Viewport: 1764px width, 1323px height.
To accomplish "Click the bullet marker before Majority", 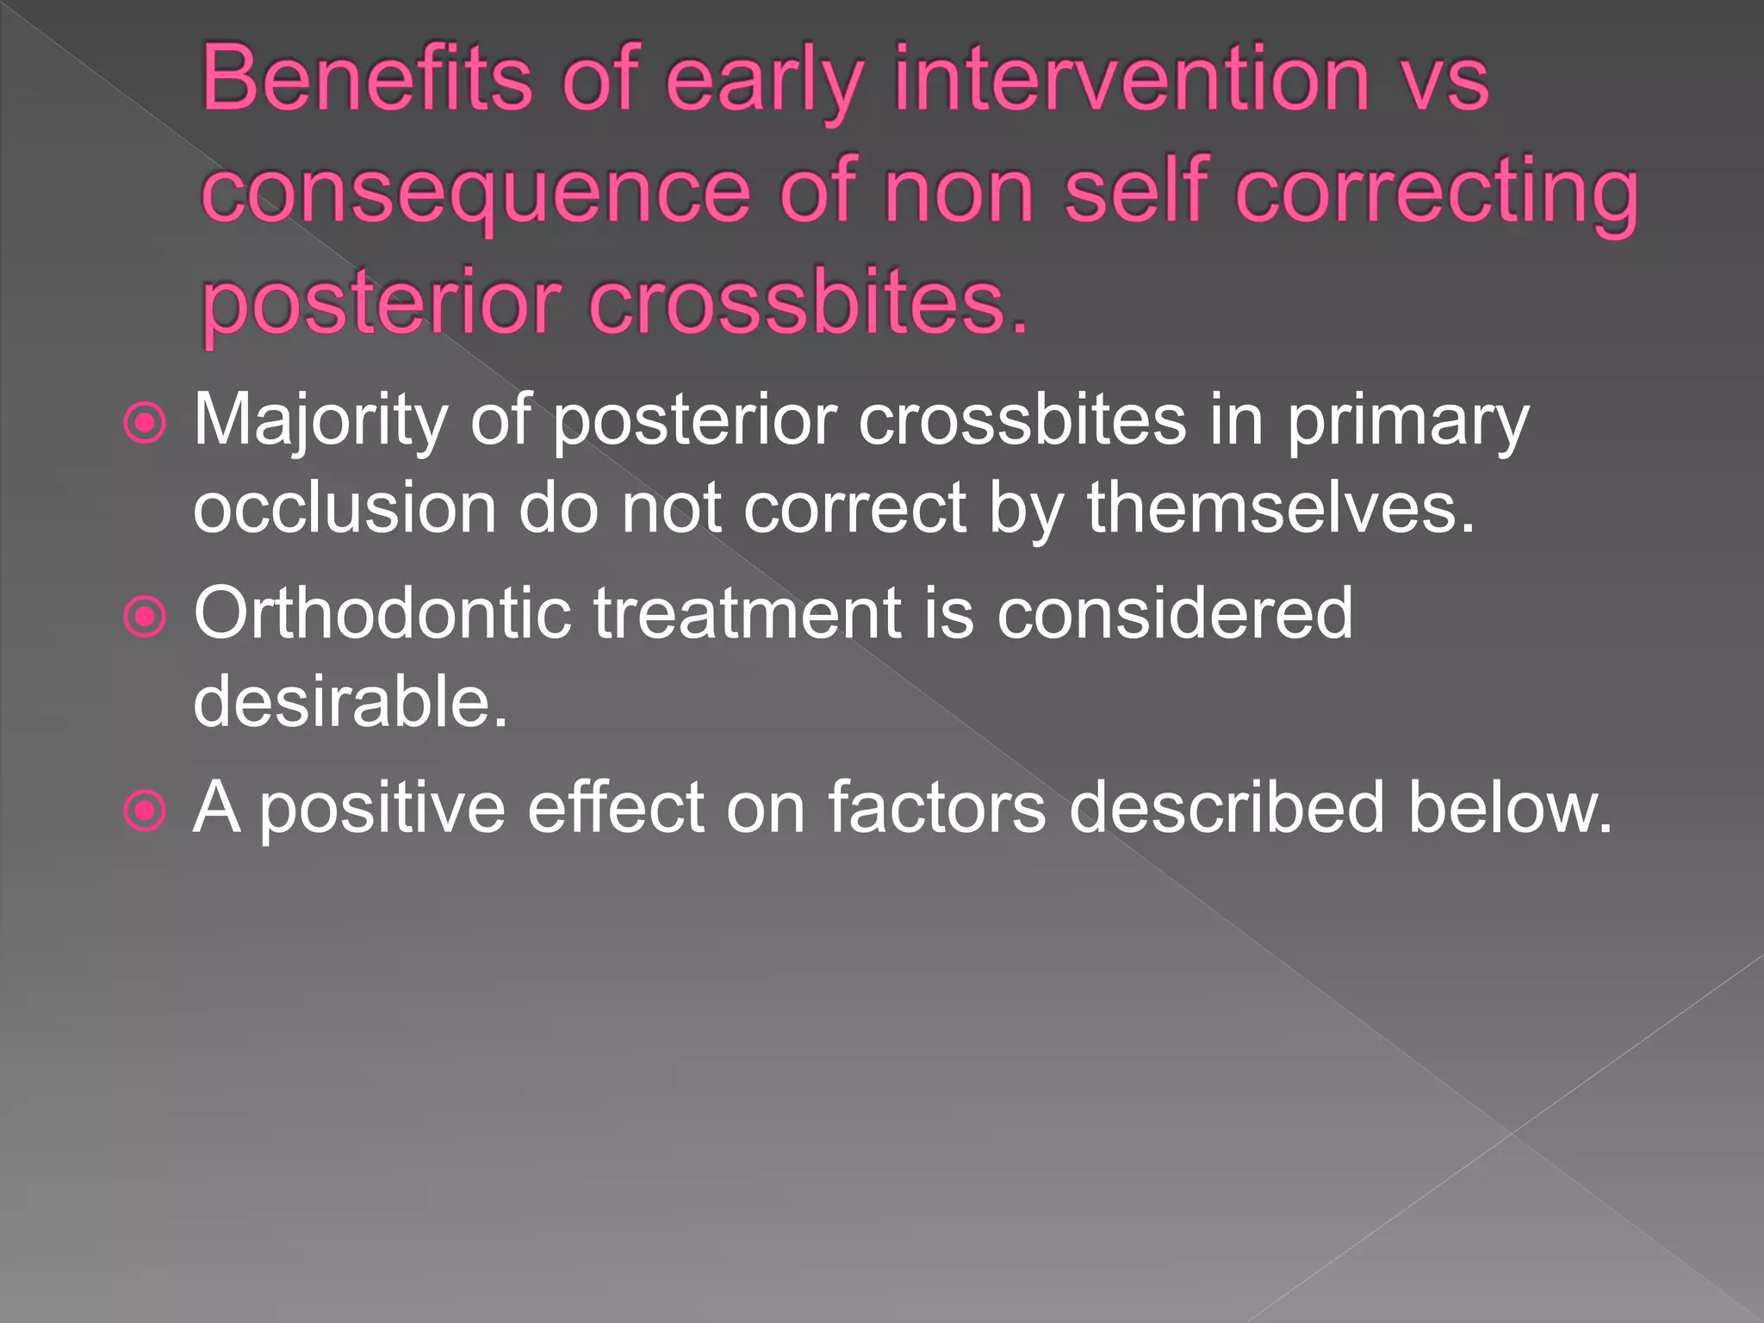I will point(145,423).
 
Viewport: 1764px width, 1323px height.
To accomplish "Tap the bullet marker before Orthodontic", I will point(145,617).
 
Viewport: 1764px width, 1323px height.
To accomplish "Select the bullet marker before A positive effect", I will point(145,811).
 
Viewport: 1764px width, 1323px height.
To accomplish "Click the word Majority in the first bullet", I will point(320,421).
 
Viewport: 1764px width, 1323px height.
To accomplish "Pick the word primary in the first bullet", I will point(1407,421).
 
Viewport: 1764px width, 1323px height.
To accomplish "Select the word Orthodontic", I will point(382,613).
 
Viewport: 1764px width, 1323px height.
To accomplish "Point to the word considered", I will point(1175,613).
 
